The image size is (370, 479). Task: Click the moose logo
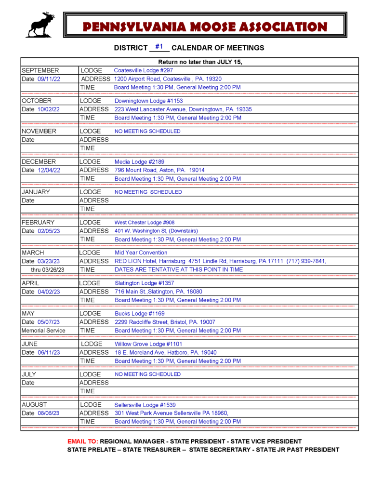[40, 25]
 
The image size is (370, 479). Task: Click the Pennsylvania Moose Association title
[205, 27]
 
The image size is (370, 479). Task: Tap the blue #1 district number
[159, 47]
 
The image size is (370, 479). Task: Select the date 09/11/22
[49, 79]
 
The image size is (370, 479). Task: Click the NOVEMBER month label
[39, 131]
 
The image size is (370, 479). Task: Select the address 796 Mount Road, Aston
[159, 170]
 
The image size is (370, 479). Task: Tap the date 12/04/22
[49, 170]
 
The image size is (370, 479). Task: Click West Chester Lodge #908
[145, 223]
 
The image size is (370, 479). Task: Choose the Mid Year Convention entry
[141, 253]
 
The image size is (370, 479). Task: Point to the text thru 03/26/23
[48, 270]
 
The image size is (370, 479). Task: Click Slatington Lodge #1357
[145, 283]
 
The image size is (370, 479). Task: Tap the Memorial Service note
[43, 331]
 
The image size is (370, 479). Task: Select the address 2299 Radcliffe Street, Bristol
[165, 322]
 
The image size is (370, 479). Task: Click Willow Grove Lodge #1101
[148, 344]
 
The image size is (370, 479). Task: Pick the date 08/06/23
[49, 413]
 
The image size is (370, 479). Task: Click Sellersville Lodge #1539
[145, 405]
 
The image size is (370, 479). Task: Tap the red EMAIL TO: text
[83, 441]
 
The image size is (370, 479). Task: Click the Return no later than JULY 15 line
[200, 62]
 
